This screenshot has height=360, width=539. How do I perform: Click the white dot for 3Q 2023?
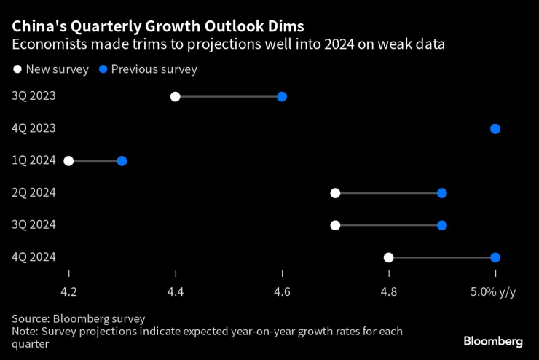[x=175, y=97]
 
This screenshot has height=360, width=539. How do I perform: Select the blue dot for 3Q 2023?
[x=282, y=97]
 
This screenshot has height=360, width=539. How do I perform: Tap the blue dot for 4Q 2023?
[x=495, y=129]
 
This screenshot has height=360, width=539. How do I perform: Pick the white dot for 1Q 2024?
[x=68, y=161]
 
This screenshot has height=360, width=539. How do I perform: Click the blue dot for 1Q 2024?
[x=122, y=161]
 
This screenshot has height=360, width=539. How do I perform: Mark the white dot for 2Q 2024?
[x=335, y=193]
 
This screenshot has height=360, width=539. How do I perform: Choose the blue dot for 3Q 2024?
[x=441, y=225]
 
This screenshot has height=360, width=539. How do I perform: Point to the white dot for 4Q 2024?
[x=388, y=257]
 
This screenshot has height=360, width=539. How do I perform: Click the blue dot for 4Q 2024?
[x=495, y=257]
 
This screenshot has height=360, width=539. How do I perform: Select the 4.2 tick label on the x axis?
[x=68, y=292]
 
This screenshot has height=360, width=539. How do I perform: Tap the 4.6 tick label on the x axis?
[x=282, y=292]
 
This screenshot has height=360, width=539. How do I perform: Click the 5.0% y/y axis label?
[x=492, y=292]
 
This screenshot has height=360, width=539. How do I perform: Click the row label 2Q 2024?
[x=34, y=193]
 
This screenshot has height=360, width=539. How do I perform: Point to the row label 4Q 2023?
[x=34, y=129]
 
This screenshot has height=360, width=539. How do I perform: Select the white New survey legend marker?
[x=17, y=70]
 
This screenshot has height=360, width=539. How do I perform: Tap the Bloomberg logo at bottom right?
[x=493, y=341]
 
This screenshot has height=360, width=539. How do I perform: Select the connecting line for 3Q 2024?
[x=388, y=225]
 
